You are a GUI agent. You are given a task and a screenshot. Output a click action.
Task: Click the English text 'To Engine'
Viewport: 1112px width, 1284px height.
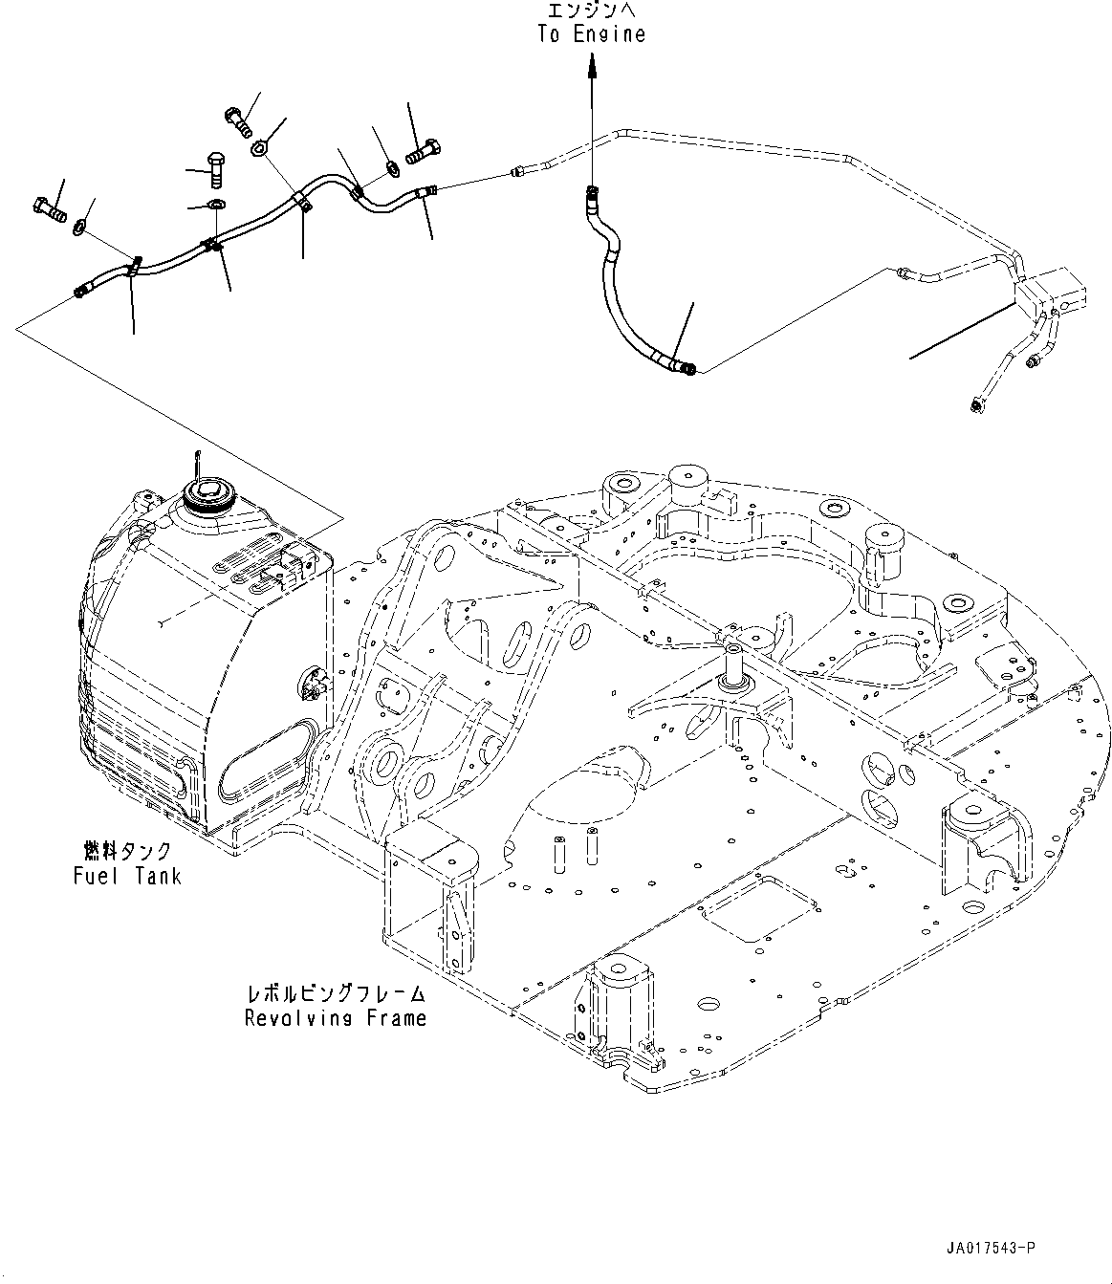(x=591, y=34)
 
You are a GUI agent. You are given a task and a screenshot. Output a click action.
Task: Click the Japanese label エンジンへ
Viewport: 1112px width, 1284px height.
(x=591, y=11)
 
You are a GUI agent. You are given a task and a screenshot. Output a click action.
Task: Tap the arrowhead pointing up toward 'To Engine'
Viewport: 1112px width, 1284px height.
(x=591, y=64)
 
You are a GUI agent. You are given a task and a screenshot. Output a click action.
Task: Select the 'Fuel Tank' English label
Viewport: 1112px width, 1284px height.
(x=127, y=875)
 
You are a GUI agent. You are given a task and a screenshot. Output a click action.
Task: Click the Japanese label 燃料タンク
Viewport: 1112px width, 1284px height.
(x=127, y=851)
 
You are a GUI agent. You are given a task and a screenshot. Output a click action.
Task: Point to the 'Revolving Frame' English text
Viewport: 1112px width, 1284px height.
(x=335, y=1018)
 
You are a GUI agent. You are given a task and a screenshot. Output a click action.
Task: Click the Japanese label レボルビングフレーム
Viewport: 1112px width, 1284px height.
(x=335, y=994)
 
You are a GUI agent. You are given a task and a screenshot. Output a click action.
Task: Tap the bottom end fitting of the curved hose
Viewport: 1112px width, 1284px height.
(x=686, y=365)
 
